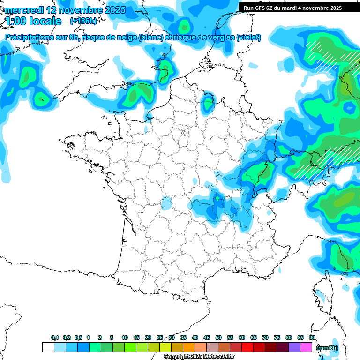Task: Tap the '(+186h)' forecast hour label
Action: pyautogui.click(x=83, y=21)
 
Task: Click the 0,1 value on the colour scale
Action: pyautogui.click(x=55, y=337)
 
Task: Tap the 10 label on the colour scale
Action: pyautogui.click(x=125, y=337)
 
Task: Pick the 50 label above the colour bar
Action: pyautogui.click(x=218, y=337)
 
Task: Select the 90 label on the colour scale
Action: pyautogui.click(x=312, y=337)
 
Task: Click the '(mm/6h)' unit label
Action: pyautogui.click(x=327, y=347)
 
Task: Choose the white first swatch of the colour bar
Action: pyautogui.click(x=48, y=347)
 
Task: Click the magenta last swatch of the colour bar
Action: pyautogui.click(x=306, y=347)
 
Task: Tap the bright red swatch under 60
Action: pyautogui.click(x=247, y=347)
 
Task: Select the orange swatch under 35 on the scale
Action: pyautogui.click(x=189, y=347)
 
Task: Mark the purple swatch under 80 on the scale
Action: pyautogui.click(x=294, y=347)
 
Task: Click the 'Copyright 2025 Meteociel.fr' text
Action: pyautogui.click(x=199, y=356)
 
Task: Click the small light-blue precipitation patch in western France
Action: pyautogui.click(x=166, y=203)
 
